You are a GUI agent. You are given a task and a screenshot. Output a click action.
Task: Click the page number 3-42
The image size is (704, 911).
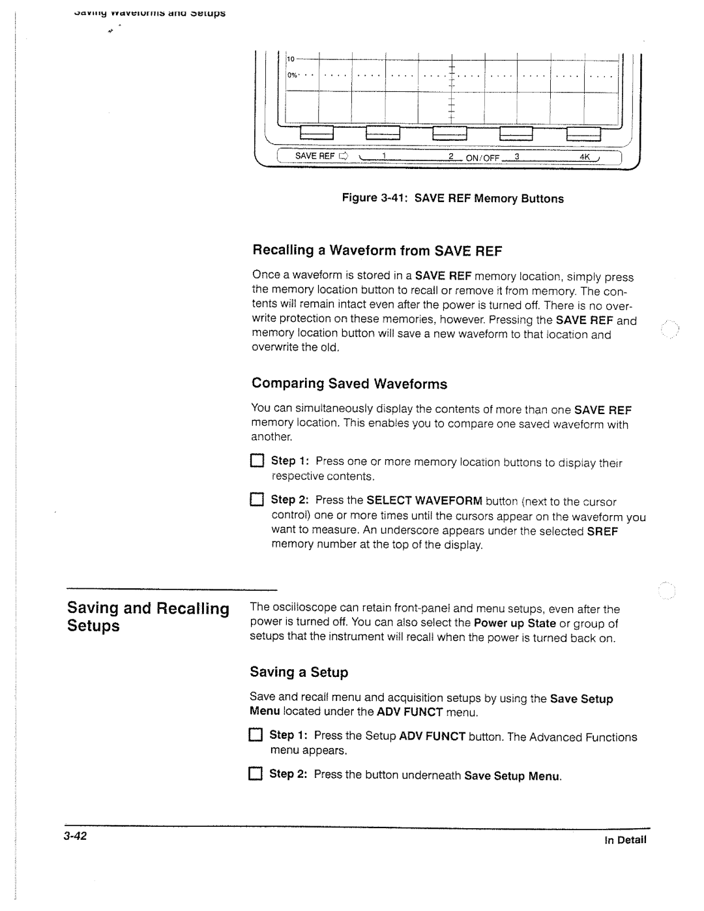(76, 837)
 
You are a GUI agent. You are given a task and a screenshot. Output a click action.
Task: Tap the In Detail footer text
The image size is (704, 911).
(625, 840)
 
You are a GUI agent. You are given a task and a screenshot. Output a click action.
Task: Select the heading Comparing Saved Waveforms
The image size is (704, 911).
(349, 383)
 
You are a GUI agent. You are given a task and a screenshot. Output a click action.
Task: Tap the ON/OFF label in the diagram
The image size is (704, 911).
(482, 157)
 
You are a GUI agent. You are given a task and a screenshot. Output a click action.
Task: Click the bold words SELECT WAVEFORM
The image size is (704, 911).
(424, 501)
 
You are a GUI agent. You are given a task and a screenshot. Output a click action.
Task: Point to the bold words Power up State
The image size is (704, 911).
(514, 623)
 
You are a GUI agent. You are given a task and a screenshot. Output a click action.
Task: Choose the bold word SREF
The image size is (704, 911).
(602, 531)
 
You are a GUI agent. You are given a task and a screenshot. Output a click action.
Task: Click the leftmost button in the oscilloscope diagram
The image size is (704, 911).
(317, 133)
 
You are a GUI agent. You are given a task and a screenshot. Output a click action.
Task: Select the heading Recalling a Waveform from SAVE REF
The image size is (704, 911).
(377, 251)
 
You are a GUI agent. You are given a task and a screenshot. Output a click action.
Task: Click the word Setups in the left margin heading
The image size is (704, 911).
(94, 626)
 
